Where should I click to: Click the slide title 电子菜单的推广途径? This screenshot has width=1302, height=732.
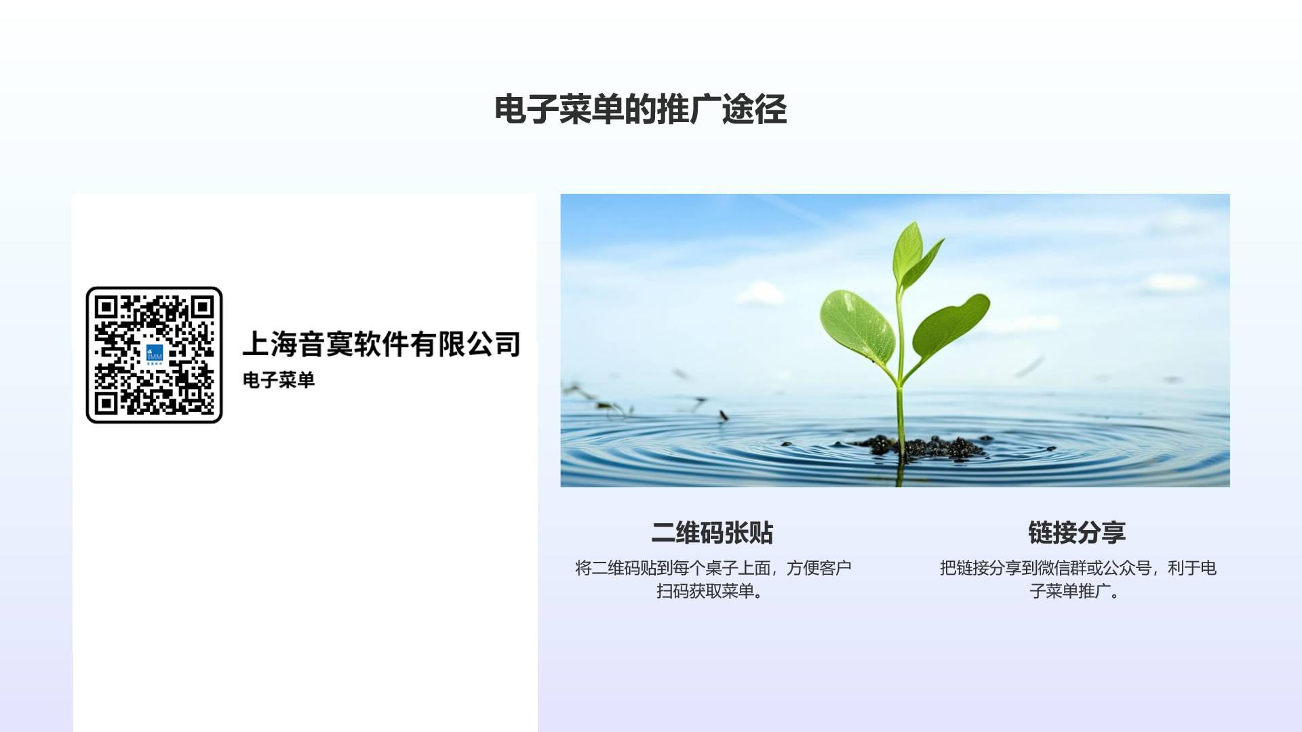click(640, 109)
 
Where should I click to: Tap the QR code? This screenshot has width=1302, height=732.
click(155, 355)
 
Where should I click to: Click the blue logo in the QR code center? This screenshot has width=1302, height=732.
click(155, 354)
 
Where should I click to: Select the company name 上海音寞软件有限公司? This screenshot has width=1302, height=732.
click(382, 344)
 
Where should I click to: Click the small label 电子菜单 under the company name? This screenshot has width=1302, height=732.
click(279, 380)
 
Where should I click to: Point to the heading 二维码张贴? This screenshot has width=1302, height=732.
click(712, 533)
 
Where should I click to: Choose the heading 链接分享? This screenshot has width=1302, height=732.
click(1077, 533)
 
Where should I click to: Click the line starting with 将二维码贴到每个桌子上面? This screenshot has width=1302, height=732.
click(713, 568)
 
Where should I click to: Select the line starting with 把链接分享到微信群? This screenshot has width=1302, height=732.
click(1078, 568)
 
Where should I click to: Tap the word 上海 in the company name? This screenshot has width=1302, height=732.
click(270, 344)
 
